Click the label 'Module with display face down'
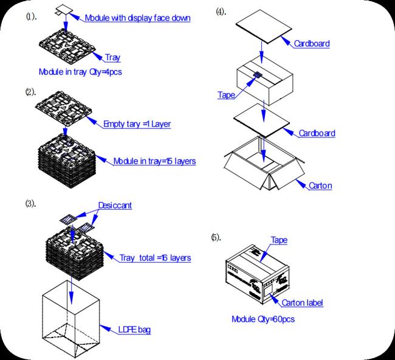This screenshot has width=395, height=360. pyautogui.click(x=137, y=18)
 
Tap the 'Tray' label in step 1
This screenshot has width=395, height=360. pyautogui.click(x=112, y=58)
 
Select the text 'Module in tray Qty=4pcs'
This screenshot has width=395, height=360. pyautogui.click(x=82, y=72)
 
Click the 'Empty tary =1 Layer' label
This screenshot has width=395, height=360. pyautogui.click(x=137, y=124)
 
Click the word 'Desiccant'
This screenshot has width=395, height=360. pyautogui.click(x=115, y=206)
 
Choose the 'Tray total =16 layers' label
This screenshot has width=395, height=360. pyautogui.click(x=155, y=258)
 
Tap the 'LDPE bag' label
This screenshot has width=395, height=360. pyautogui.click(x=134, y=330)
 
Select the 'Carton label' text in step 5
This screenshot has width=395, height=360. pyautogui.click(x=301, y=302)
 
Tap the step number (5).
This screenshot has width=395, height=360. pyautogui.click(x=216, y=237)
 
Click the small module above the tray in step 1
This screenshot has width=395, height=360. pyautogui.click(x=63, y=10)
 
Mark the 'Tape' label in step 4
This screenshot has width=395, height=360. pyautogui.click(x=226, y=95)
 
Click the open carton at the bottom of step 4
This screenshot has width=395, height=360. pyautogui.click(x=261, y=167)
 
